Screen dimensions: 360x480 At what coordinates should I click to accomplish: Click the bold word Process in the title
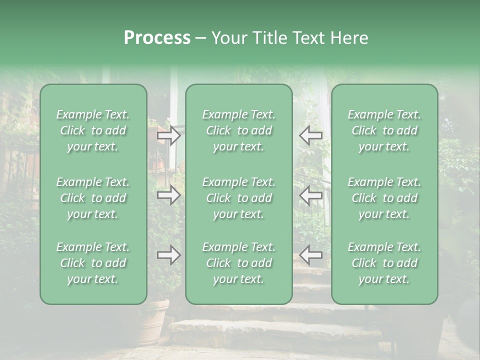157,38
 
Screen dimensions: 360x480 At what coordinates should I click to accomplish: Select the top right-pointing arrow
169,135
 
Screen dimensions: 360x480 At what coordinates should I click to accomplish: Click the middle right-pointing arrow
169,195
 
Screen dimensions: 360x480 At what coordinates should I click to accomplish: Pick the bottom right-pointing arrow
169,255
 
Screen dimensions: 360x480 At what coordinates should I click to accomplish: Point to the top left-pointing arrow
310,135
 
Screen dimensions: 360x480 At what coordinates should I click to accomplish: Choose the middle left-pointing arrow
310,195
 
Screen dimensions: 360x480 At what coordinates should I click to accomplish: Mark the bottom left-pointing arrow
310,255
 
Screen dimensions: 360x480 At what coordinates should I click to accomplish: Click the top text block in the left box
93,130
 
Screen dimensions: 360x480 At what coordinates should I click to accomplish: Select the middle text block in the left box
93,198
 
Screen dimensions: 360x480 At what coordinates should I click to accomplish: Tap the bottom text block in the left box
93,263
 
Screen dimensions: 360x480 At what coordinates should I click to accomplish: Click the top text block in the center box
238,130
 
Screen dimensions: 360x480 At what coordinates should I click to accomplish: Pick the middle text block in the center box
238,198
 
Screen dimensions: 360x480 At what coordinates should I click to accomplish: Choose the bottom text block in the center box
238,263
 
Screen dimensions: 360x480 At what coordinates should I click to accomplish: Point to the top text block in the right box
384,130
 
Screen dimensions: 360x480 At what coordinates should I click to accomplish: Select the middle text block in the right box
384,198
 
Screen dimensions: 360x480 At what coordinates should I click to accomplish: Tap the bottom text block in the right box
384,263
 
